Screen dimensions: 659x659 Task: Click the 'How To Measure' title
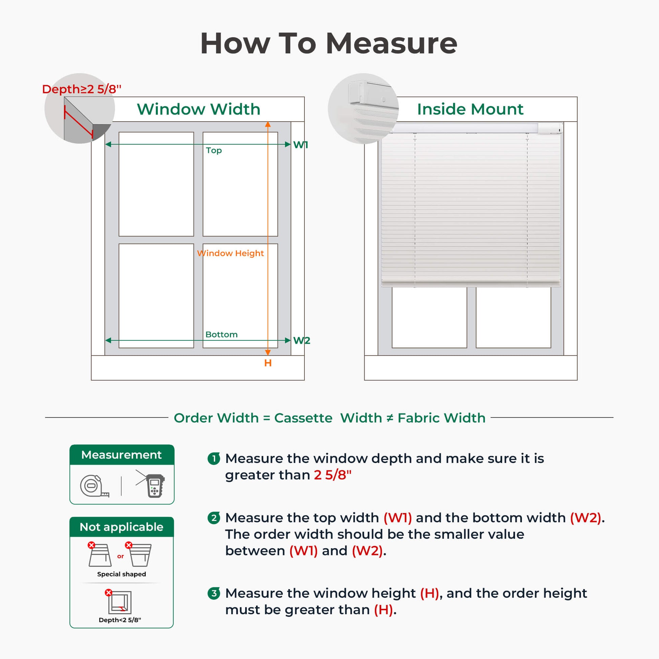tap(328, 43)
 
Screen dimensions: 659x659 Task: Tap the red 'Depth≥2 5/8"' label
tap(82, 89)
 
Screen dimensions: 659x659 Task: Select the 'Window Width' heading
tap(198, 109)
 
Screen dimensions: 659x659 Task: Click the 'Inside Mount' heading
tap(470, 109)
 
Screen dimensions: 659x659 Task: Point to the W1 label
tap(300, 145)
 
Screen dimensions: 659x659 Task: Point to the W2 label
tap(301, 340)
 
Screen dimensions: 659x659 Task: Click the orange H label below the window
tap(268, 363)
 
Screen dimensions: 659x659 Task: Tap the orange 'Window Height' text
tap(230, 253)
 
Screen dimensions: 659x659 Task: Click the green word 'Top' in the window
tap(214, 150)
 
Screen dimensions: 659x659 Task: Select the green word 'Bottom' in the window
tap(221, 334)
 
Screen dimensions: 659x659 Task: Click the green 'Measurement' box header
tap(122, 455)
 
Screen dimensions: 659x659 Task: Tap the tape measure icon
tap(94, 486)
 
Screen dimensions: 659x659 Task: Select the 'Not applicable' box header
tap(122, 527)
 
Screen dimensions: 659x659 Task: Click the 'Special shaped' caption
tap(122, 574)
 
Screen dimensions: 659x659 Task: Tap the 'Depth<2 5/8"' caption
tap(120, 620)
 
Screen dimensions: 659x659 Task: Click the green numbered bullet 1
tap(214, 458)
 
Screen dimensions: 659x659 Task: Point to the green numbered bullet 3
tap(214, 593)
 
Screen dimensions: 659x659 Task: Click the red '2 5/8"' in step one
tap(333, 475)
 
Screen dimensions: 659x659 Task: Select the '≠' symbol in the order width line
tap(389, 418)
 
